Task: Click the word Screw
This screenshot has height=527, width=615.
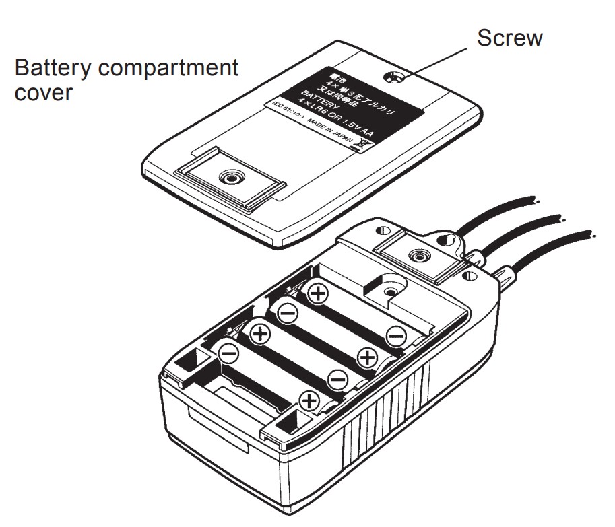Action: click(509, 38)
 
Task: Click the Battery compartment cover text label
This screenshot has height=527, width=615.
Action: click(127, 79)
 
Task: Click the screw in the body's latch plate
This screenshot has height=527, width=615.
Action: click(420, 257)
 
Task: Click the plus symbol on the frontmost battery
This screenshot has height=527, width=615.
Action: click(310, 401)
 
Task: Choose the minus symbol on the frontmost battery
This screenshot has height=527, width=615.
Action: click(228, 352)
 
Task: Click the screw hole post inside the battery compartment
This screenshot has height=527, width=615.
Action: click(390, 290)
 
